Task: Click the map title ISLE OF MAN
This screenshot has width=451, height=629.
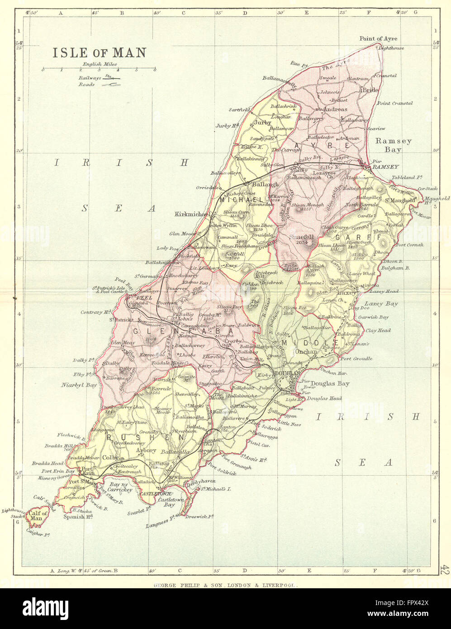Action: point(100,52)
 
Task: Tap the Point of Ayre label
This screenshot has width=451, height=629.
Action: point(378,38)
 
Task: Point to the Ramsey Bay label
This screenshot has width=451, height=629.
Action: point(394,145)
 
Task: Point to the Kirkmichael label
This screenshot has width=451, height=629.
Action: point(192,213)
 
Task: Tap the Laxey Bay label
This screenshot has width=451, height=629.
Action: point(381,304)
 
